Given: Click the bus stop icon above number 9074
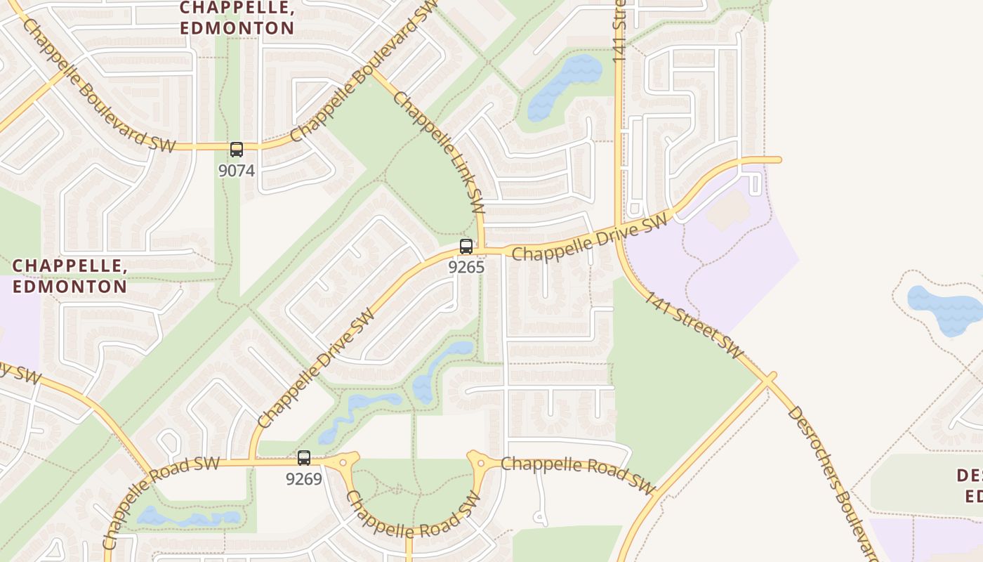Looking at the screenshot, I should (237, 149).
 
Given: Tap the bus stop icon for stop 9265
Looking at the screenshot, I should (466, 247).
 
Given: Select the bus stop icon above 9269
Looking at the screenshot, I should (304, 458).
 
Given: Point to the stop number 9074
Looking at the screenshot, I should (237, 171).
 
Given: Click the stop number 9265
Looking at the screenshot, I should (466, 268).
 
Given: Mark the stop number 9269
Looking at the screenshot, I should (303, 479).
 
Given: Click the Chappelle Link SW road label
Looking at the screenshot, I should (439, 152).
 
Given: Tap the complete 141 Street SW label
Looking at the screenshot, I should (694, 325).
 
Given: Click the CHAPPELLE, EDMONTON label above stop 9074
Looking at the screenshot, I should (237, 18).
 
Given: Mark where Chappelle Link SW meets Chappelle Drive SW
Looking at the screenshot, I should (482, 249).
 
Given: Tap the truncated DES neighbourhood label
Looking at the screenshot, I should (969, 485).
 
